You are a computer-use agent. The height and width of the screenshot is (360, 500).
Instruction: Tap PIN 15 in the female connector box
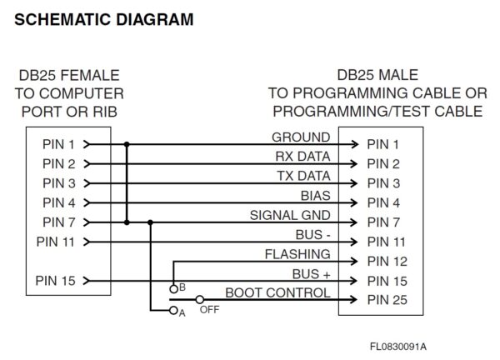coord(57,281)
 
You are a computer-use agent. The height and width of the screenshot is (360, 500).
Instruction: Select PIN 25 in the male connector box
coord(387,301)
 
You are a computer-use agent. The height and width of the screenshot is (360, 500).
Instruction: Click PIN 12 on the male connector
coord(387,262)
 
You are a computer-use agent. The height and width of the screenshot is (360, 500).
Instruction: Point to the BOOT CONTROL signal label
coord(277,292)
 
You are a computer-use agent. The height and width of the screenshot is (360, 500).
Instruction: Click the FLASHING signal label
coord(297,254)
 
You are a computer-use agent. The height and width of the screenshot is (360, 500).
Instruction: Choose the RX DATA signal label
coord(302,156)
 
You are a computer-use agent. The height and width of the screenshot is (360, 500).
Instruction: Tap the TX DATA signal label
coord(303,176)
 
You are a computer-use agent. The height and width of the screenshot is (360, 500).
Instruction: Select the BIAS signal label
coord(315,196)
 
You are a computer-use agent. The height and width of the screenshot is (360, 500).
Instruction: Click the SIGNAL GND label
coord(290,215)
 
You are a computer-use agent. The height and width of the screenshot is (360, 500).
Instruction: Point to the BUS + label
coord(311,273)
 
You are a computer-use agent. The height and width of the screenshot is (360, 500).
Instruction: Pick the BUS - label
coord(312,235)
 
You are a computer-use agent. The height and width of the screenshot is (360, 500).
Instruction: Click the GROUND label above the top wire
coord(301,137)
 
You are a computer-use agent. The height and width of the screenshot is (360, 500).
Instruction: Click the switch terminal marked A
coord(173,312)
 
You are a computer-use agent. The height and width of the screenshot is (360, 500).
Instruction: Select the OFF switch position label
coord(208,310)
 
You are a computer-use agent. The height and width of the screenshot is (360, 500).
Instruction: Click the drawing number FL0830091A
coord(405,346)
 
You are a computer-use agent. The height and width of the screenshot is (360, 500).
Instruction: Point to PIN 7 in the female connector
coord(57,222)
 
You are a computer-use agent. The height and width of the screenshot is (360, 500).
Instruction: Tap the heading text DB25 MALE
coord(377,75)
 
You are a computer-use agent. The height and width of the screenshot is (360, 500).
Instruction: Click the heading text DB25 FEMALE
coord(69,75)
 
